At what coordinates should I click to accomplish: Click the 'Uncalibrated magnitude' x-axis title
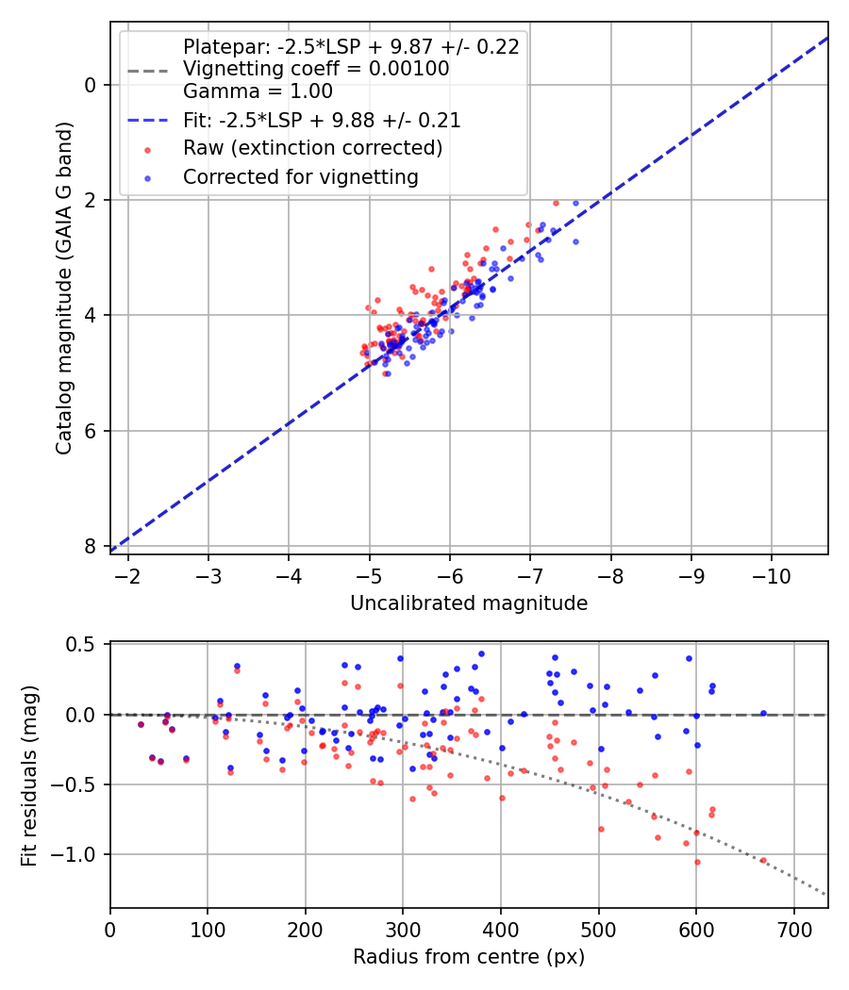coord(469,603)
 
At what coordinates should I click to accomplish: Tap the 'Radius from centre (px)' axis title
coord(469,957)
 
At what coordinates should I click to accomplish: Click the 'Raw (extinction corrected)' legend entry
coord(312,148)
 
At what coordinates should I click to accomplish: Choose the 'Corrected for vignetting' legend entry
coord(300,176)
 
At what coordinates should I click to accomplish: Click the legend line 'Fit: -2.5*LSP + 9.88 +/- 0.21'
coord(322,120)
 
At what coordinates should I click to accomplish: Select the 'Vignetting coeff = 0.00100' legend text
coord(316,69)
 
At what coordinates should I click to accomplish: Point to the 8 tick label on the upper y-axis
coord(91,547)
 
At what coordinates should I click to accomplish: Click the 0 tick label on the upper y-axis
coord(91,85)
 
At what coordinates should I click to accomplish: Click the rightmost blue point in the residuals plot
coord(763,714)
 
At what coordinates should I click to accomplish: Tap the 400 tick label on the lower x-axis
coord(501,929)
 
